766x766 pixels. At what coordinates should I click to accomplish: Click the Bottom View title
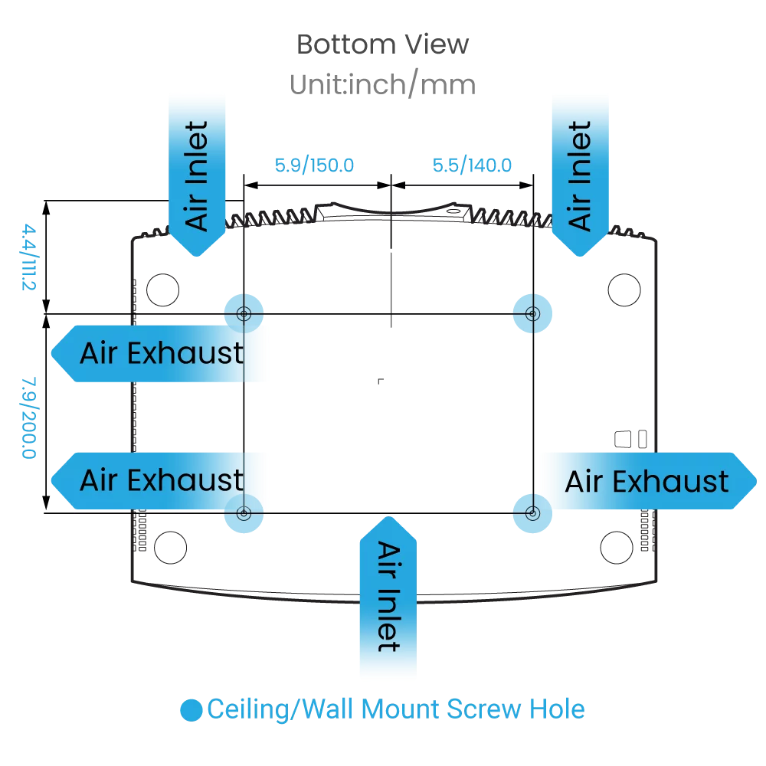[x=382, y=44]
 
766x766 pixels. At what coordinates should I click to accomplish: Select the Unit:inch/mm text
[x=382, y=83]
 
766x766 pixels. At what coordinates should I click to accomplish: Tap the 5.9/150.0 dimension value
[x=314, y=165]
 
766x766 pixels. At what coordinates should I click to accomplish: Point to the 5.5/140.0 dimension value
[x=472, y=165]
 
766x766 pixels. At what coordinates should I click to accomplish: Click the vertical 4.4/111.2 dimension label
[x=30, y=257]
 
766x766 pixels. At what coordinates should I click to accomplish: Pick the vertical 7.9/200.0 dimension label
[x=28, y=417]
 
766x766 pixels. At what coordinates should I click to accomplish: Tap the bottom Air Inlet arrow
[x=388, y=597]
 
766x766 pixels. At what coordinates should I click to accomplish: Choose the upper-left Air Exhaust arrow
[x=161, y=354]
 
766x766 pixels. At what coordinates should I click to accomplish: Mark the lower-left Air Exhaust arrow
[x=161, y=481]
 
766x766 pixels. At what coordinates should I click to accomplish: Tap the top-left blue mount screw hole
[x=244, y=313]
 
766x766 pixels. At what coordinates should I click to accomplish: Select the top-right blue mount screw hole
[x=532, y=313]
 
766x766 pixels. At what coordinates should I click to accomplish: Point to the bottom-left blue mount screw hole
[x=244, y=514]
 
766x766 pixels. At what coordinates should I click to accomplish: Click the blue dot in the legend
[x=191, y=710]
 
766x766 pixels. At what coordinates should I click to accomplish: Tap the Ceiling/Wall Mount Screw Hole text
[x=396, y=709]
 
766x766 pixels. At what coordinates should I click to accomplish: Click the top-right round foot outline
[x=624, y=290]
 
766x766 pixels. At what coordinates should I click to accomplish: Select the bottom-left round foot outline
[x=170, y=548]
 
